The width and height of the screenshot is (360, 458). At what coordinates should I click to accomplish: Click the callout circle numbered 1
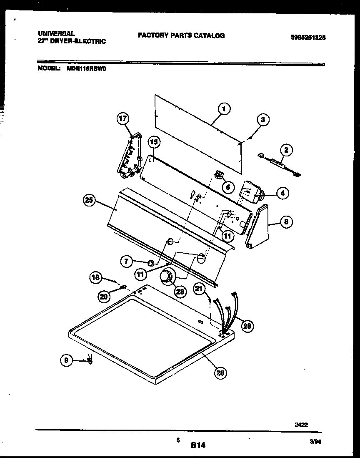224,109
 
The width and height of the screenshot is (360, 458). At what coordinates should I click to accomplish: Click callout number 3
262,120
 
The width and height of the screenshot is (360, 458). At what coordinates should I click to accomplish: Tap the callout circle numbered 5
227,188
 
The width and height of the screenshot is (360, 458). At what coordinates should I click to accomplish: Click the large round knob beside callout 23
167,277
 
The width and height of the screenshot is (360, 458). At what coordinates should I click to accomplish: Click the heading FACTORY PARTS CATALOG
181,36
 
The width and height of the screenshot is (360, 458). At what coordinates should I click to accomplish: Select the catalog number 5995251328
308,37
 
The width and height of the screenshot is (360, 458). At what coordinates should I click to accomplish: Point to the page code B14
198,445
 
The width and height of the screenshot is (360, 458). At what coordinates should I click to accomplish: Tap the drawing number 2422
301,425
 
